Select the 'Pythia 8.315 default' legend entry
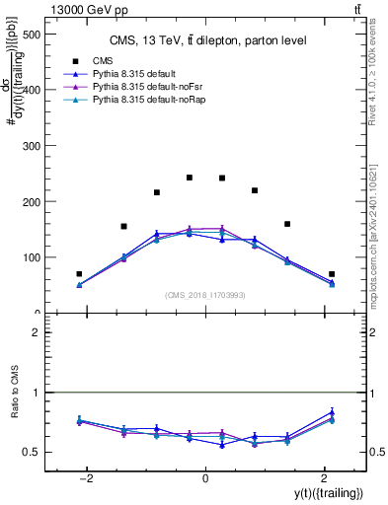click(133, 74)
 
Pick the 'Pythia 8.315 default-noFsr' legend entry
click(144, 88)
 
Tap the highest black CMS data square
click(190, 178)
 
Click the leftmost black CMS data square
click(79, 274)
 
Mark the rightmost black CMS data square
click(332, 274)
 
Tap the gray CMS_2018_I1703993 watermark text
click(204, 295)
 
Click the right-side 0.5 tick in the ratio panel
click(376, 452)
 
